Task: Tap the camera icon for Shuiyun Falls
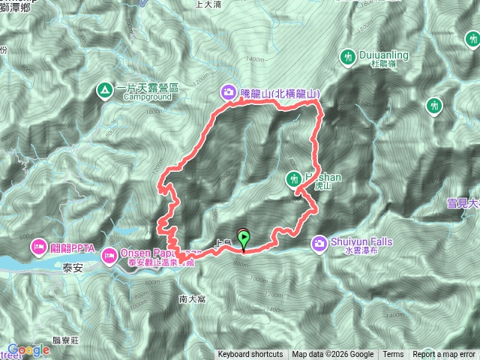pyautogui.click(x=320, y=243)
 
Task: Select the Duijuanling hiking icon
pyautogui.click(x=348, y=56)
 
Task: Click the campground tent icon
pyautogui.click(x=103, y=92)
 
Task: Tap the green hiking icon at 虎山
pyautogui.click(x=295, y=178)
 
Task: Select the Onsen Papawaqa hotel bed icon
pyautogui.click(x=109, y=256)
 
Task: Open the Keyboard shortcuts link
pyautogui.click(x=250, y=355)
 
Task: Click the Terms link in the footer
pyautogui.click(x=393, y=355)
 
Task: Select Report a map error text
pyautogui.click(x=445, y=355)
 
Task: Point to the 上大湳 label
pyautogui.click(x=207, y=4)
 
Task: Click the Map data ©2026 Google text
pyautogui.click(x=333, y=355)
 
